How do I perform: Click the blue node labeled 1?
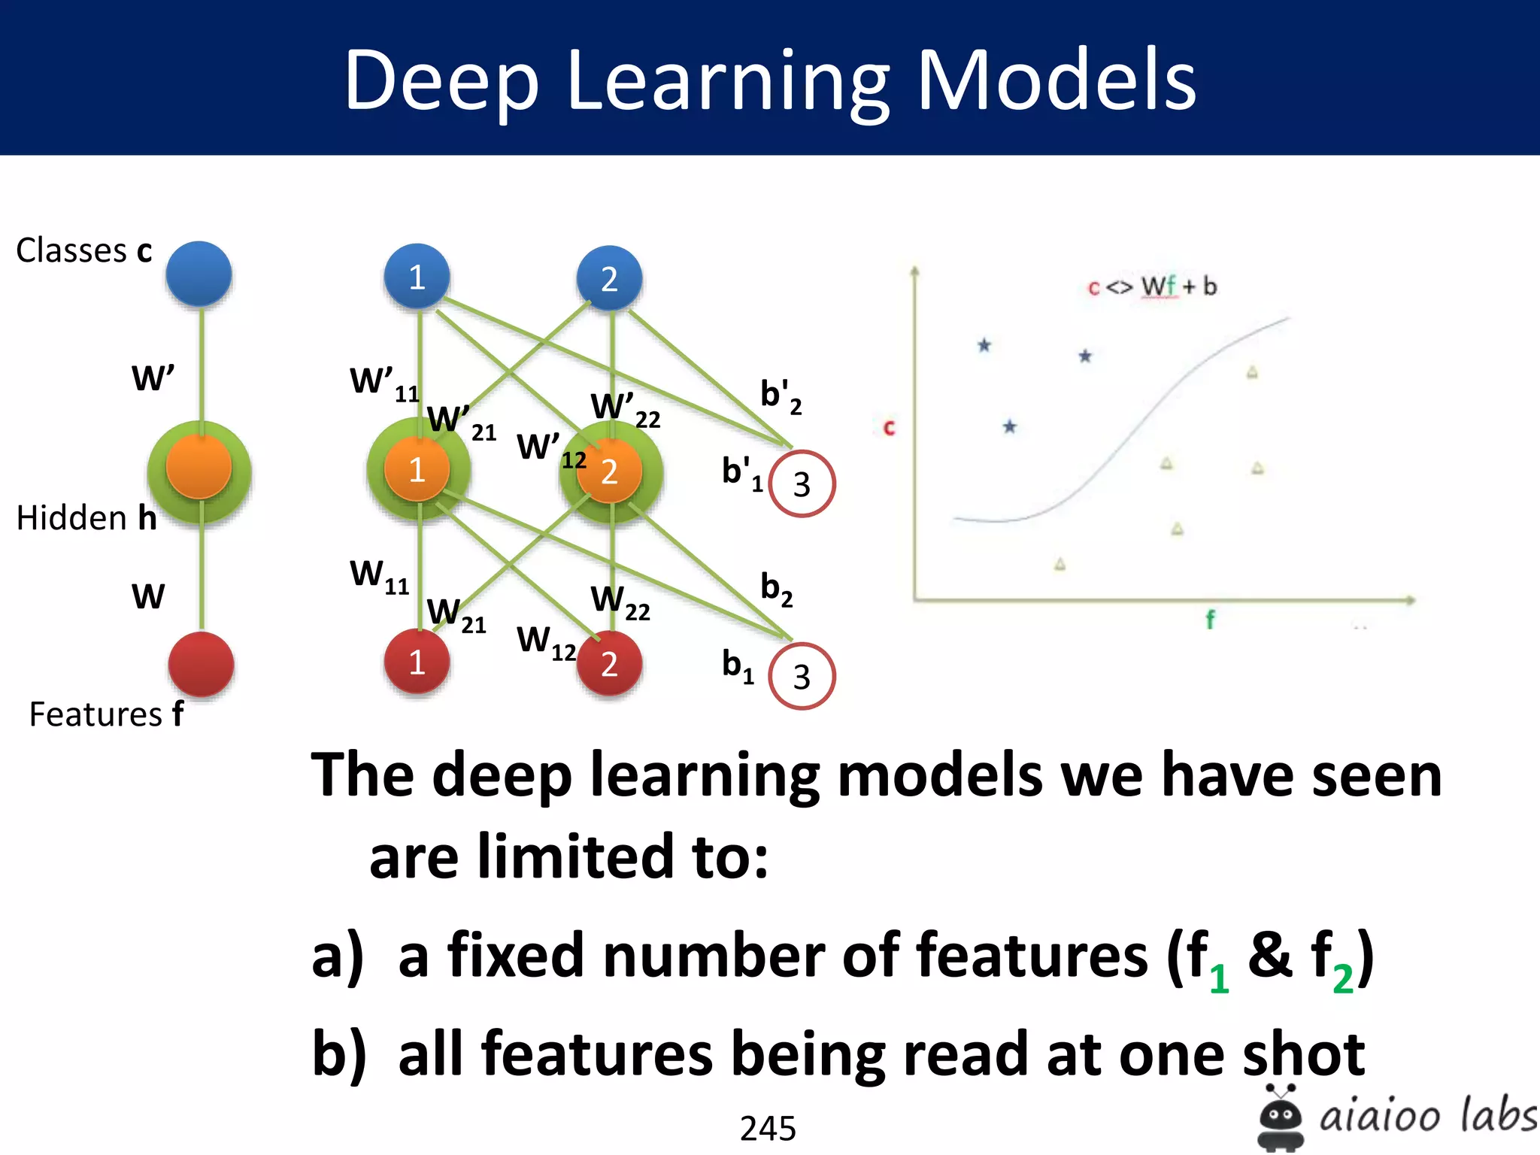pos(417,277)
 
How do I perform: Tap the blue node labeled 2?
pos(609,278)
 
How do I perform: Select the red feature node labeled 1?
pos(417,662)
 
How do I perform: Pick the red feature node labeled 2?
pos(609,663)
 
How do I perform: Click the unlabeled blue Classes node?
pos(199,274)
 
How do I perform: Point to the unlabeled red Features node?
pos(201,664)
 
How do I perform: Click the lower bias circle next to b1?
pos(802,676)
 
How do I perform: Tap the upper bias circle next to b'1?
pos(802,484)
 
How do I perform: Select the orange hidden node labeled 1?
pos(417,469)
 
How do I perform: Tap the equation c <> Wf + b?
pos(1152,286)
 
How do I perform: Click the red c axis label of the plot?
pos(889,428)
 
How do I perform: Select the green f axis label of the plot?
pos(1210,620)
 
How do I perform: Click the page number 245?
pos(768,1128)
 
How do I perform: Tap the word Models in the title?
pos(1056,80)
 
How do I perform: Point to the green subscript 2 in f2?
pos(1343,979)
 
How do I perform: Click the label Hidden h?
pos(86,518)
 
